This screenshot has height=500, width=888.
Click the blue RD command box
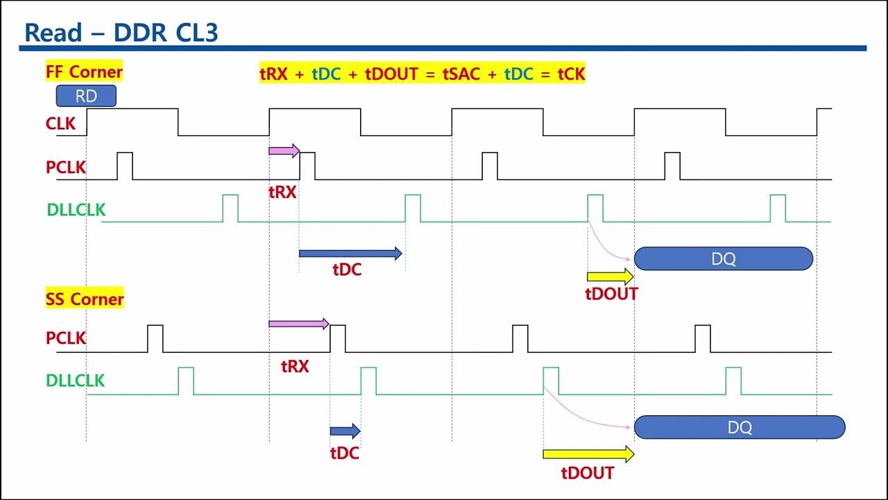click(86, 96)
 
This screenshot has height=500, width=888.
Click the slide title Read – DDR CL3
click(121, 33)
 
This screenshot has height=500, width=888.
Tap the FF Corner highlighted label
click(84, 72)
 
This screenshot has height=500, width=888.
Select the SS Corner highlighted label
click(85, 299)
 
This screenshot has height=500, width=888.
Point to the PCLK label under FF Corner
click(66, 167)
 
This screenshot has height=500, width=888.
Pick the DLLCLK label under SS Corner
click(76, 381)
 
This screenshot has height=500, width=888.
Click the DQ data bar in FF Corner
click(724, 259)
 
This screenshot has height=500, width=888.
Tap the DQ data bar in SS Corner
click(740, 427)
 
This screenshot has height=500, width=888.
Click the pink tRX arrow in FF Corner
click(284, 151)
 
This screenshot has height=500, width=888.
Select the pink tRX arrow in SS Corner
click(298, 324)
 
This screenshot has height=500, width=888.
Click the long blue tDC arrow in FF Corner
click(350, 254)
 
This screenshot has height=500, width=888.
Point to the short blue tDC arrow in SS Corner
click(345, 431)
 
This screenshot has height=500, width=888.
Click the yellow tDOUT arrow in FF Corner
click(610, 277)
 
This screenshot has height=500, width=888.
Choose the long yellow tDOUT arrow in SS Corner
click(588, 455)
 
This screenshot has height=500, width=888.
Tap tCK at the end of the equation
click(572, 74)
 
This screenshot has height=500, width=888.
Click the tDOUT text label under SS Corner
click(588, 474)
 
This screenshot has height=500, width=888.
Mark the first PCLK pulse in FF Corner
click(125, 165)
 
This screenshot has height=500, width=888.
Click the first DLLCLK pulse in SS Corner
click(186, 381)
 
